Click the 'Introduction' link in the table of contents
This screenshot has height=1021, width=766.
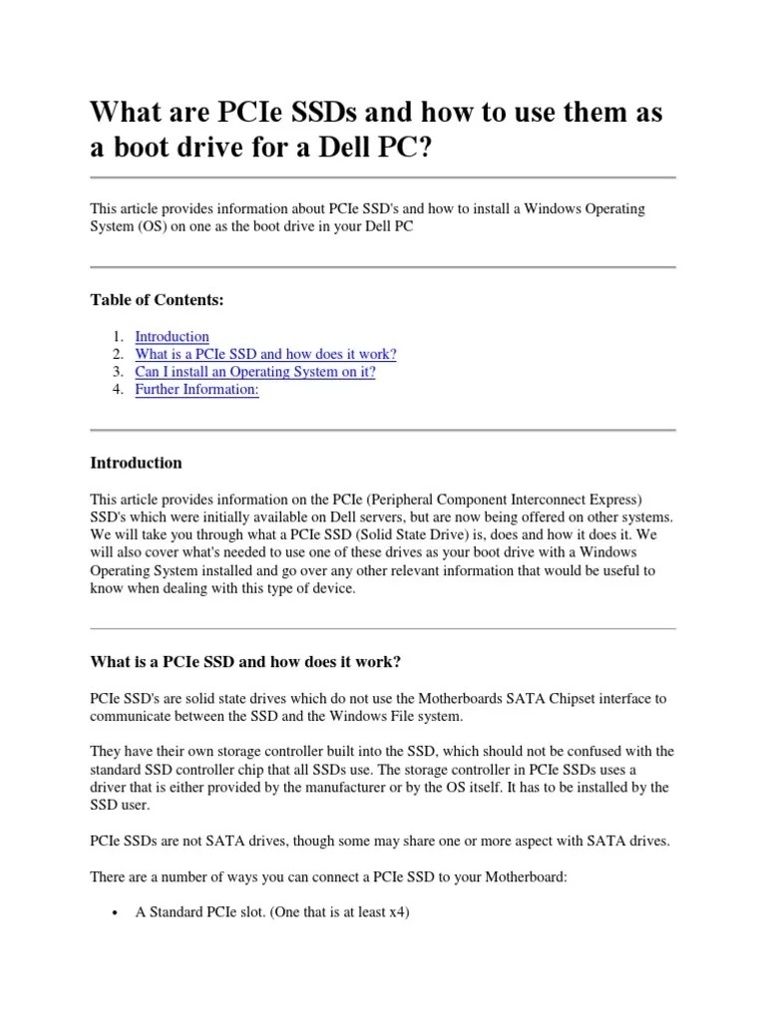coord(172,337)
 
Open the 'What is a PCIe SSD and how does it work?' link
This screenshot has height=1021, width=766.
coord(265,355)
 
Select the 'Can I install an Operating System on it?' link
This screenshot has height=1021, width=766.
coord(255,373)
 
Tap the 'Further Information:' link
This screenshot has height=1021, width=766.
coord(196,391)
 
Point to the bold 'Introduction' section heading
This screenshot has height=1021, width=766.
coord(136,463)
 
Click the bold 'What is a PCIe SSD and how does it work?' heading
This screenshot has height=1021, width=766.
coord(246,662)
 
